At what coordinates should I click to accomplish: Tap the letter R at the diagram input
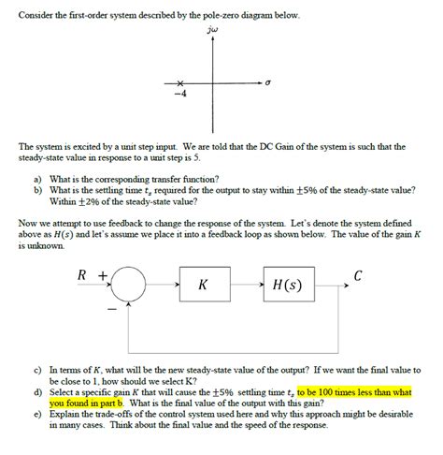pos(83,274)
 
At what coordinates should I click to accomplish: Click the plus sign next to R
pos(103,274)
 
